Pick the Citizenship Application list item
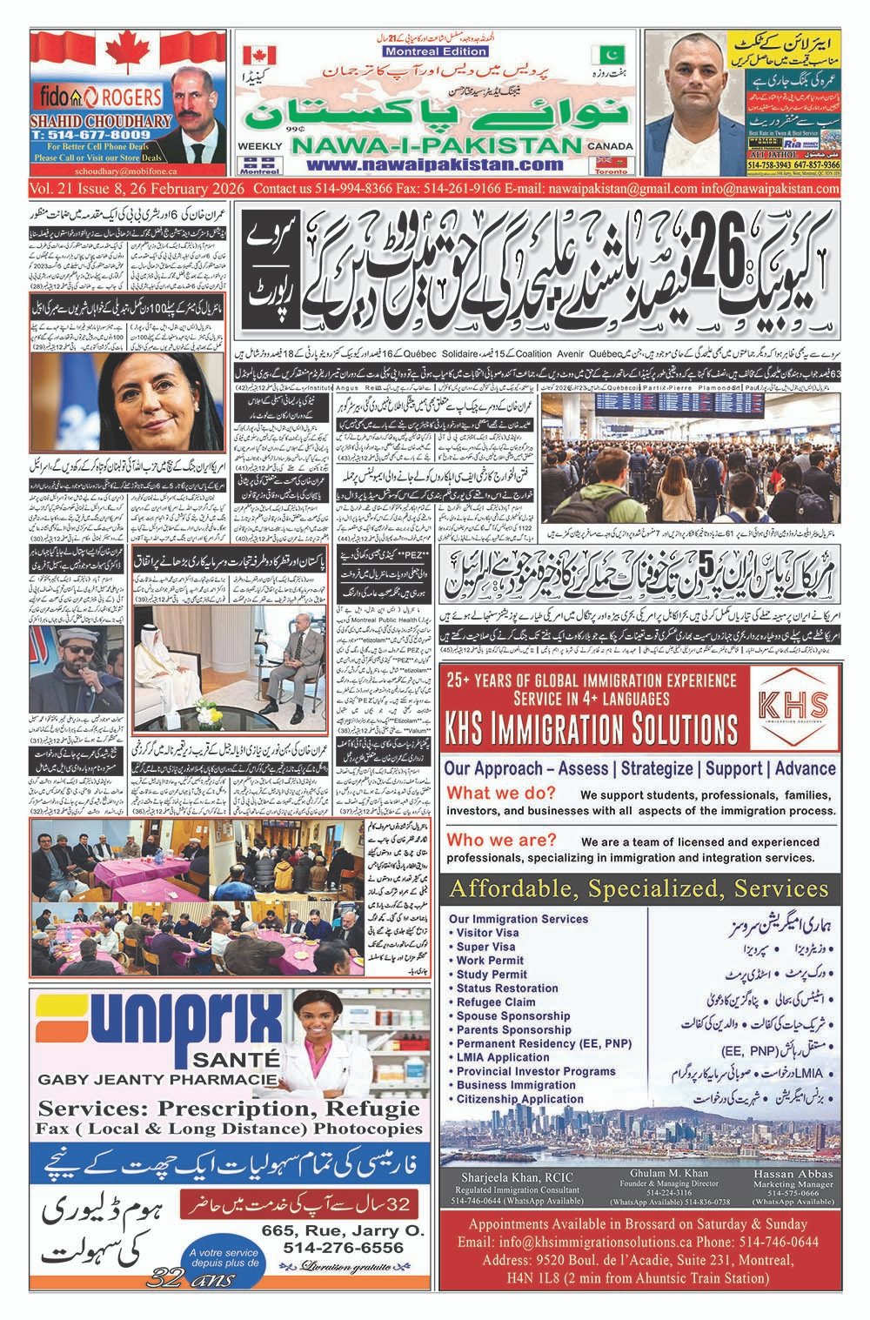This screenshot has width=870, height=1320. [x=520, y=1099]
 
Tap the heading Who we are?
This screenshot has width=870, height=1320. [x=501, y=840]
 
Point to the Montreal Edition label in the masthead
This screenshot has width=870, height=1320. [x=420, y=51]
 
